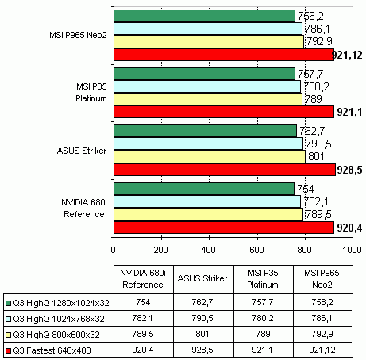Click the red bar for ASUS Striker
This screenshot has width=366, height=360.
tap(225, 170)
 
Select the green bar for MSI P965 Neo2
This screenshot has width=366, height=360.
tap(204, 16)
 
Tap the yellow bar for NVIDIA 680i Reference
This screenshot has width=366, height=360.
tap(208, 215)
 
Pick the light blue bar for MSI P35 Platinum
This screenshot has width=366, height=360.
tap(207, 86)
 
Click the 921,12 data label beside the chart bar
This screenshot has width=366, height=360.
tap(347, 55)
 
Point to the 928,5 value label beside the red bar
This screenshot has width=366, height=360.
tap(349, 170)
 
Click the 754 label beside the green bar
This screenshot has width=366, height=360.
tap(306, 189)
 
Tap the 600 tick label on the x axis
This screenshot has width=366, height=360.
tap(256, 250)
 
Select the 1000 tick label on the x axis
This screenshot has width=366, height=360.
tap(352, 250)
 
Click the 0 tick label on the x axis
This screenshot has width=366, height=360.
tap(114, 250)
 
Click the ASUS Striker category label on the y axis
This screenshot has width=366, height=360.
tap(82, 151)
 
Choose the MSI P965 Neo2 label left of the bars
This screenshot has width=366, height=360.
tap(78, 35)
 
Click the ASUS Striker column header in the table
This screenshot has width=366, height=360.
tap(202, 278)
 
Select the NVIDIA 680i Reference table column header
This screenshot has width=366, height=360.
tap(143, 279)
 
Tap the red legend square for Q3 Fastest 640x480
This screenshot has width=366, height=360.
tap(8, 350)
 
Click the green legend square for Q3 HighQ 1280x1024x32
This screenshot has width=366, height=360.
tap(8, 303)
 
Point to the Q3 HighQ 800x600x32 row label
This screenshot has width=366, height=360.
tap(56, 335)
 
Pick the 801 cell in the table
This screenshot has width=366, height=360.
tap(202, 334)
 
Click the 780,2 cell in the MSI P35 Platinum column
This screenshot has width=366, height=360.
tap(263, 318)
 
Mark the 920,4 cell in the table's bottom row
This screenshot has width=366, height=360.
tap(143, 350)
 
